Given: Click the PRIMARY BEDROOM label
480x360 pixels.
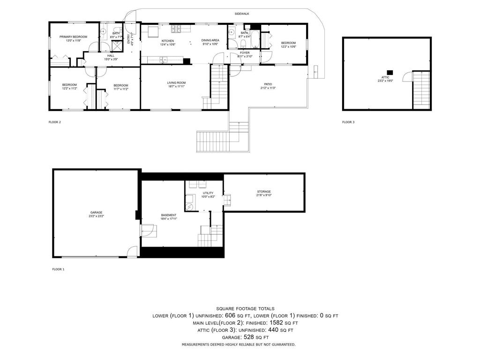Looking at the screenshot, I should tap(73, 37).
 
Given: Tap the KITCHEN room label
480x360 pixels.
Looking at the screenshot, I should tap(167, 41).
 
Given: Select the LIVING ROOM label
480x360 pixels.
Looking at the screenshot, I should tap(177, 83).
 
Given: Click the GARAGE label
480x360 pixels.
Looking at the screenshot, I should tap(96, 212).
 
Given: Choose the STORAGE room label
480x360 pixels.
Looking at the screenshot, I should tap(264, 192).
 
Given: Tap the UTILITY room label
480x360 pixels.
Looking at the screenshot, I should tap(208, 193).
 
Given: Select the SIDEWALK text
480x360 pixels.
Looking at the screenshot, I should tap(242, 14).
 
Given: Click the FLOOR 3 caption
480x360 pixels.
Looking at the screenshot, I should tap(348, 122).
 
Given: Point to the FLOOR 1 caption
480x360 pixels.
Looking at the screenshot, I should tap(58, 270).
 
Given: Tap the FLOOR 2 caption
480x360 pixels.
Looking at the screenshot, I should tap(55, 122).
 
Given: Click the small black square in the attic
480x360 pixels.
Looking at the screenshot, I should tap(390, 72).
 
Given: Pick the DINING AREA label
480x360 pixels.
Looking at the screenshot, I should tap(210, 41).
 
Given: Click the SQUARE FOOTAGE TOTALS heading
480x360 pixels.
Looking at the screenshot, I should tap(239, 308).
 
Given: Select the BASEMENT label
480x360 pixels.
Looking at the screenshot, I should tap(169, 215).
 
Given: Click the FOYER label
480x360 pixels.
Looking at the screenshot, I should tap(245, 53).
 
